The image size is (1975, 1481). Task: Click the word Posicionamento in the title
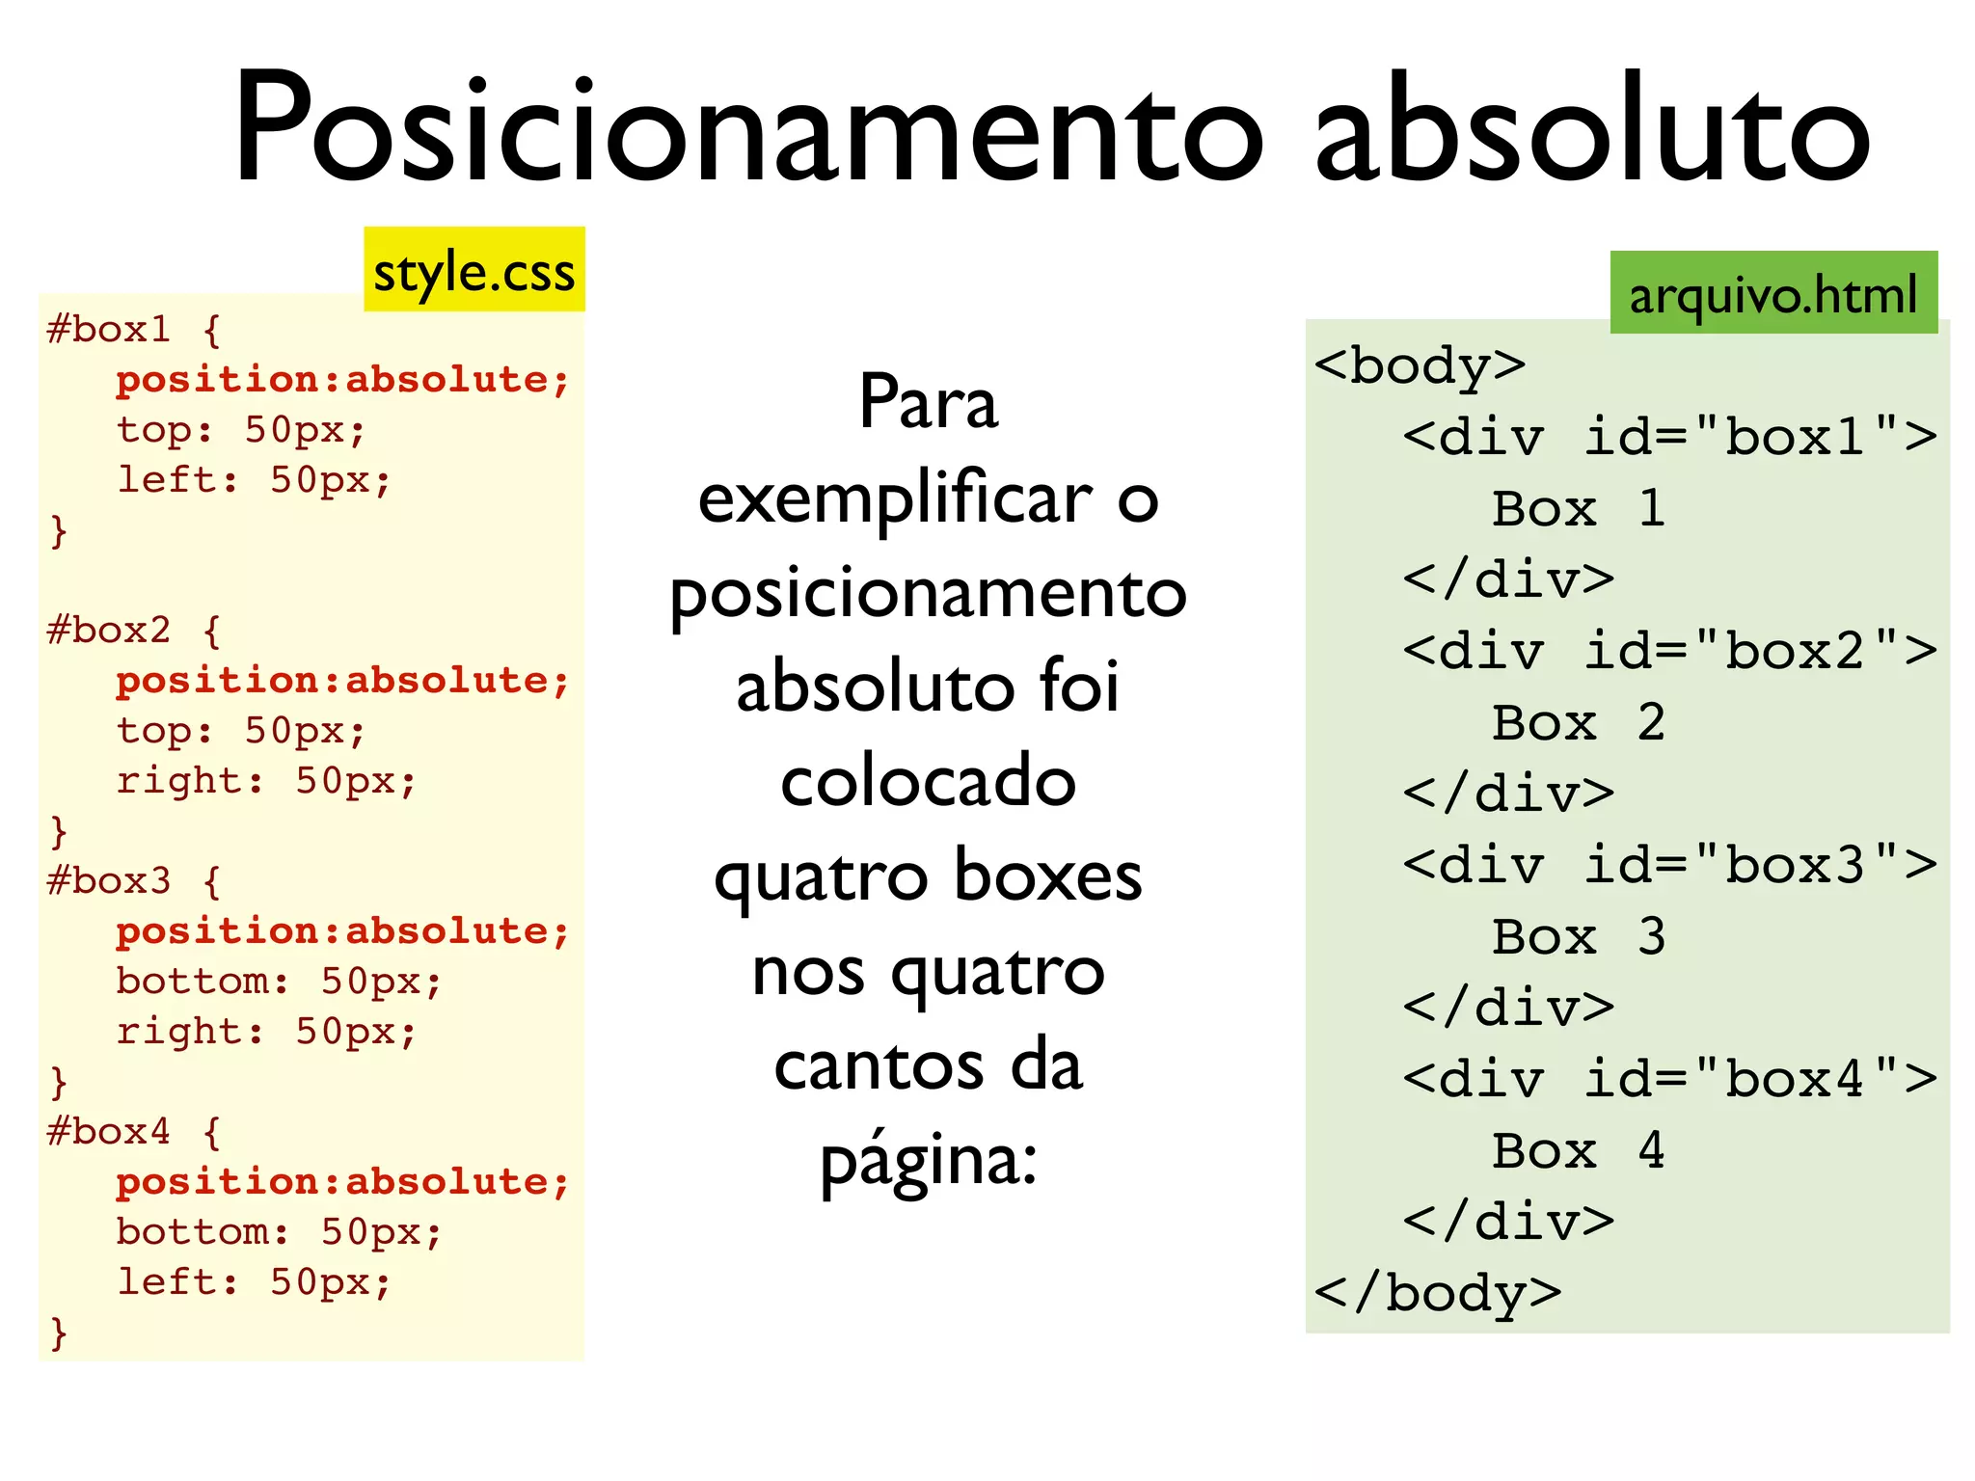tap(747, 127)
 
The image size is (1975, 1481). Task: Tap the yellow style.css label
tap(473, 271)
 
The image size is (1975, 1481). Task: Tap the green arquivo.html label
tap(1772, 294)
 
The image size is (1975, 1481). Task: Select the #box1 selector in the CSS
tap(108, 330)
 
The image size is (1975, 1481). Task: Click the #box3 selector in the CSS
tap(108, 880)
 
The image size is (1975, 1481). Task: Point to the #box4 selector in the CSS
tap(108, 1131)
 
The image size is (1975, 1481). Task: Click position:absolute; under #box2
tap(342, 681)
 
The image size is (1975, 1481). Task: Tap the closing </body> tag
tap(1437, 1293)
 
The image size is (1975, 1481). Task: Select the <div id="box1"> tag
tap(1669, 438)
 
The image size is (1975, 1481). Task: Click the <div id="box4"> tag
tap(1669, 1079)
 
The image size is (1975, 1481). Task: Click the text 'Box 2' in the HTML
tap(1578, 723)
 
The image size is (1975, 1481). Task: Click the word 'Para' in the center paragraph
tap(928, 403)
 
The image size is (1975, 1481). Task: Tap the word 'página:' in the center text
tap(928, 1161)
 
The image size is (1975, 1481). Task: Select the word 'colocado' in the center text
tap(928, 781)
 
